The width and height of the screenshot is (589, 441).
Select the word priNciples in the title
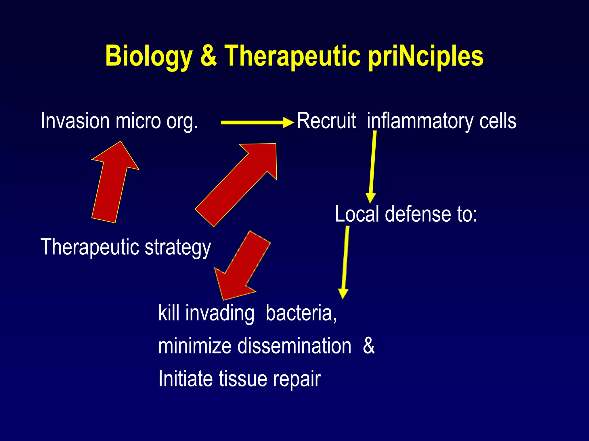tap(426, 56)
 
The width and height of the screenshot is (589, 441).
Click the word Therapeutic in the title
tap(292, 56)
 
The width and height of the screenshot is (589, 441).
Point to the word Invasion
tap(75, 121)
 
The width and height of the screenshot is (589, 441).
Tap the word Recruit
tap(326, 121)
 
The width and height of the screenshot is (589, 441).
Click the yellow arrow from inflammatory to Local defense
tap(372, 167)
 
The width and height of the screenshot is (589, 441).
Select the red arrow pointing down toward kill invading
tap(242, 266)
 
